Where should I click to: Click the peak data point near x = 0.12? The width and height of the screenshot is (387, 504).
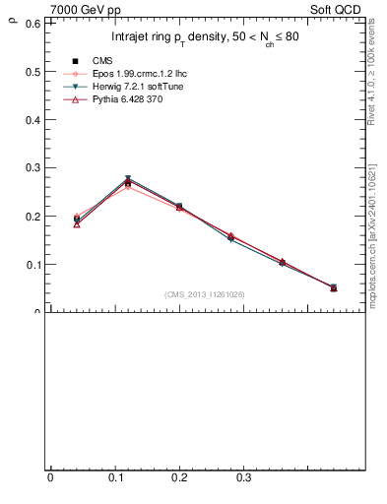[128, 181]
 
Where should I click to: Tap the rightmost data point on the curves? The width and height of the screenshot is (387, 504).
[333, 287]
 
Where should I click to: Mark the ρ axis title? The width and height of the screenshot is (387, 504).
[11, 17]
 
